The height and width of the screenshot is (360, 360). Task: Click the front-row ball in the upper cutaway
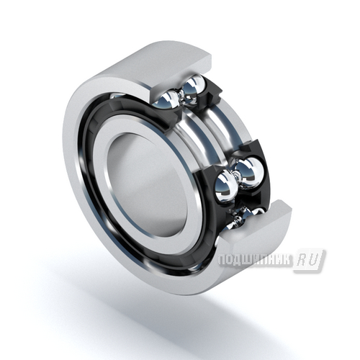point(166,100)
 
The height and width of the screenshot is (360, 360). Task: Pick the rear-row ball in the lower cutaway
point(250,171)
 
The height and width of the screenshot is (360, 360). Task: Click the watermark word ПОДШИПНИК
point(256,260)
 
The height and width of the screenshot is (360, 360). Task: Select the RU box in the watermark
point(310,261)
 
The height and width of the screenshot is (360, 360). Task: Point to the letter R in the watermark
point(302,260)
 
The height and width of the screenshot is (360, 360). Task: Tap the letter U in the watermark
point(315,260)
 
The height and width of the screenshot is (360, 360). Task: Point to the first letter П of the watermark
point(222,260)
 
